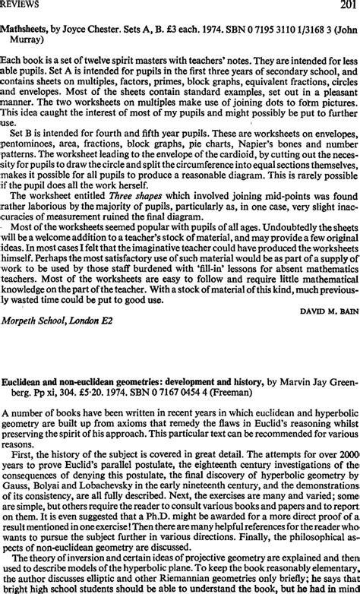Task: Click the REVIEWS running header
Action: [x=21, y=7]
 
